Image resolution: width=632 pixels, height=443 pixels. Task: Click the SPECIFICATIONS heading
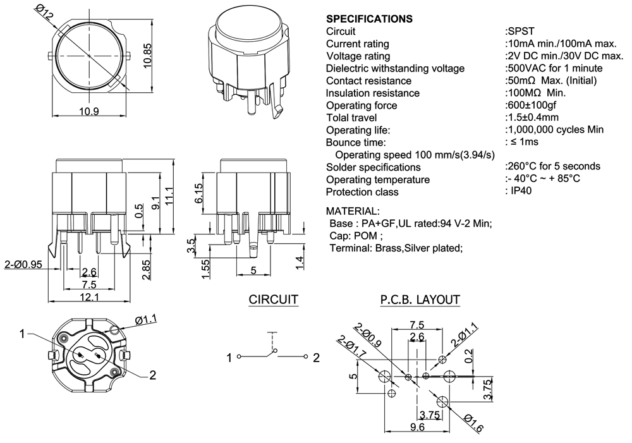point(369,19)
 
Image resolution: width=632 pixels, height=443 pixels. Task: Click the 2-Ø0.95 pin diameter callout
point(23,265)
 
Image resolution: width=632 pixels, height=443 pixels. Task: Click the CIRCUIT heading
point(273,300)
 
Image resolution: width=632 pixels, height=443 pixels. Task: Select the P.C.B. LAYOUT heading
point(420,300)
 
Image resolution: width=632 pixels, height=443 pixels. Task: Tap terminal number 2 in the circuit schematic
point(316,358)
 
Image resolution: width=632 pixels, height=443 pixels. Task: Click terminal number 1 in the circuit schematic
point(230,358)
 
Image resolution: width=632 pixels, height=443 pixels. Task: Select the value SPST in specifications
point(519,31)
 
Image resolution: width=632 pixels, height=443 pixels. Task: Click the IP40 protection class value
point(521,191)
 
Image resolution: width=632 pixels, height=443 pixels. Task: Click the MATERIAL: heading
point(353,210)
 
